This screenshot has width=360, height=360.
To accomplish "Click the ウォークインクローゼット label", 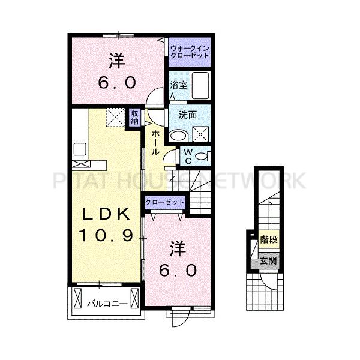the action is [x=190, y=52].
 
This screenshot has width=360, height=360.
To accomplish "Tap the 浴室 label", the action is [x=178, y=85].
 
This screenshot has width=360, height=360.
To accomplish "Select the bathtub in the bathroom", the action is [x=200, y=85].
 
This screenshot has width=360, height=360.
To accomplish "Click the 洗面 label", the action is [x=188, y=115].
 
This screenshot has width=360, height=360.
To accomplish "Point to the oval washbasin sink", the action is [x=178, y=136].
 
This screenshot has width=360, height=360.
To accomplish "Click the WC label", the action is [x=188, y=157].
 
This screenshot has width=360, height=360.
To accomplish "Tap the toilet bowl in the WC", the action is [x=202, y=157].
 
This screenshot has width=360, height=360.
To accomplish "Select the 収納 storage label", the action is [x=135, y=117].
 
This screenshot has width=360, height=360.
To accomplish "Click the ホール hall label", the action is [x=155, y=142].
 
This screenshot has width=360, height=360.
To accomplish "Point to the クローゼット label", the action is [x=164, y=202].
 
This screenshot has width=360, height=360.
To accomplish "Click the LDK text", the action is [x=106, y=214].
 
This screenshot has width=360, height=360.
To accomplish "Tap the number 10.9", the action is [x=106, y=235].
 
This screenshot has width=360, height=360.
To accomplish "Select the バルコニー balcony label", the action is [x=107, y=304].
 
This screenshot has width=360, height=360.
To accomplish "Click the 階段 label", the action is [x=269, y=239].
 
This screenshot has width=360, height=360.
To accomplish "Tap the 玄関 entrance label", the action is [x=268, y=261].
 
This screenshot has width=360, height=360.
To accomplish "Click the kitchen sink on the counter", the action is [x=80, y=149].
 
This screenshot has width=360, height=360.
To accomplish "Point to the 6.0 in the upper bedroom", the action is [x=117, y=83].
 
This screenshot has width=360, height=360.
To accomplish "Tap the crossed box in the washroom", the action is [x=200, y=134].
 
